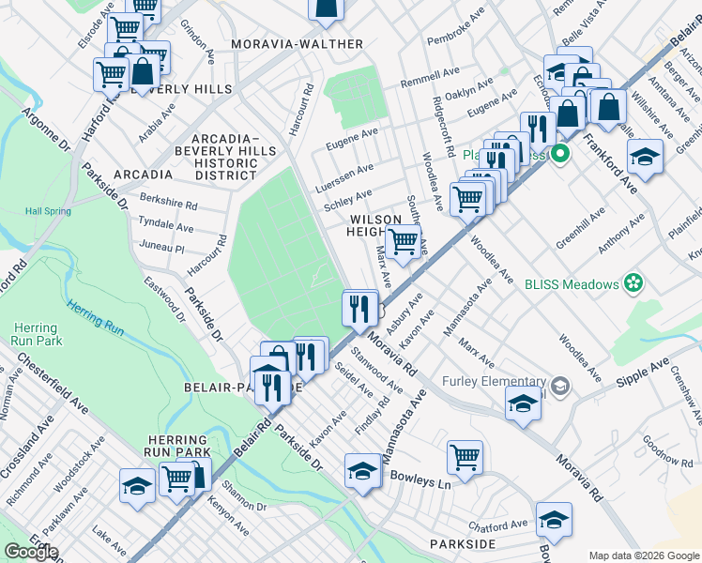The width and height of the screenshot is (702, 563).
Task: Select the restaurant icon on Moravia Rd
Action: pos(359,308)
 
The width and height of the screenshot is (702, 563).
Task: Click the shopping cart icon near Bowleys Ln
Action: pos(465,458)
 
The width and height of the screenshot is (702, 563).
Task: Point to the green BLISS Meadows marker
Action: pos(634,282)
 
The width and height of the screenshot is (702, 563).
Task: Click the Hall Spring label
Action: pos(48,211)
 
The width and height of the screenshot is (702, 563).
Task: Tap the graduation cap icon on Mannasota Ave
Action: pos(362,471)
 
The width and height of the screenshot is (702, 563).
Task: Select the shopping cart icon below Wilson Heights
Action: pos(403,241)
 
